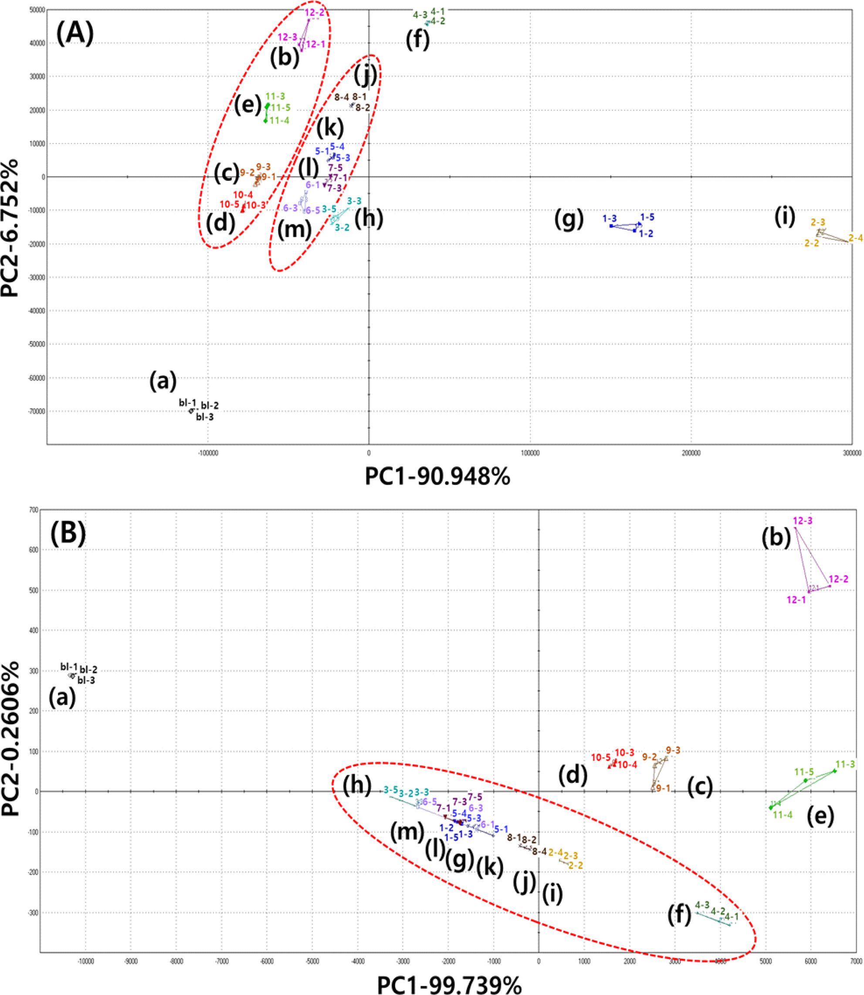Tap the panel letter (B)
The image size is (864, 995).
point(68,537)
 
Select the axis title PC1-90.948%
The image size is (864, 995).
point(437,478)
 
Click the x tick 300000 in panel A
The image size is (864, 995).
point(851,453)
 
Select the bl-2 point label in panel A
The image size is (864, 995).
point(210,405)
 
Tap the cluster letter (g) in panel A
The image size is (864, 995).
point(569,220)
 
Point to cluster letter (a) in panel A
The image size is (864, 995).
point(163,381)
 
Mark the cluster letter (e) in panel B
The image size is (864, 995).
point(820,815)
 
